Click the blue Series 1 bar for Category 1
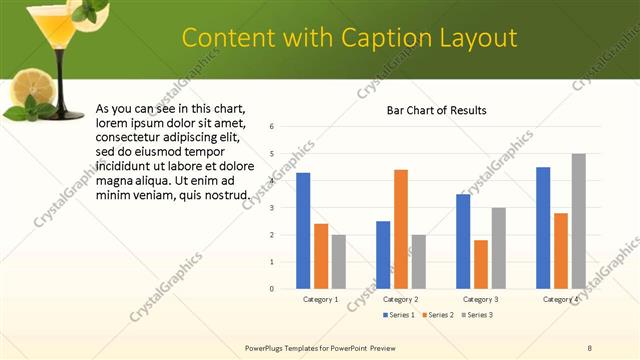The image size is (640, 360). (x=303, y=231)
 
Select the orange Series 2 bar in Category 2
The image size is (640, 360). (x=400, y=229)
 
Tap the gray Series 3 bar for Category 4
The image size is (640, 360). (x=578, y=221)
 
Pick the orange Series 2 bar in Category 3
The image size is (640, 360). (x=480, y=264)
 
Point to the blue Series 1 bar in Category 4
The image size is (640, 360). (x=543, y=228)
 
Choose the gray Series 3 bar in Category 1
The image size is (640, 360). (x=338, y=262)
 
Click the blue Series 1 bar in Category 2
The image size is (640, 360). (x=383, y=255)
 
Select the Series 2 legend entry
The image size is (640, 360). (x=436, y=315)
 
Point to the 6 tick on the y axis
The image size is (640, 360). (x=272, y=127)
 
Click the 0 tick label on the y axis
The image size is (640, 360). (x=272, y=289)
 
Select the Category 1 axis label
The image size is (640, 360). (x=321, y=299)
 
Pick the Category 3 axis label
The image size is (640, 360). (x=480, y=299)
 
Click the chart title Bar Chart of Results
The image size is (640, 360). (x=437, y=110)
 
